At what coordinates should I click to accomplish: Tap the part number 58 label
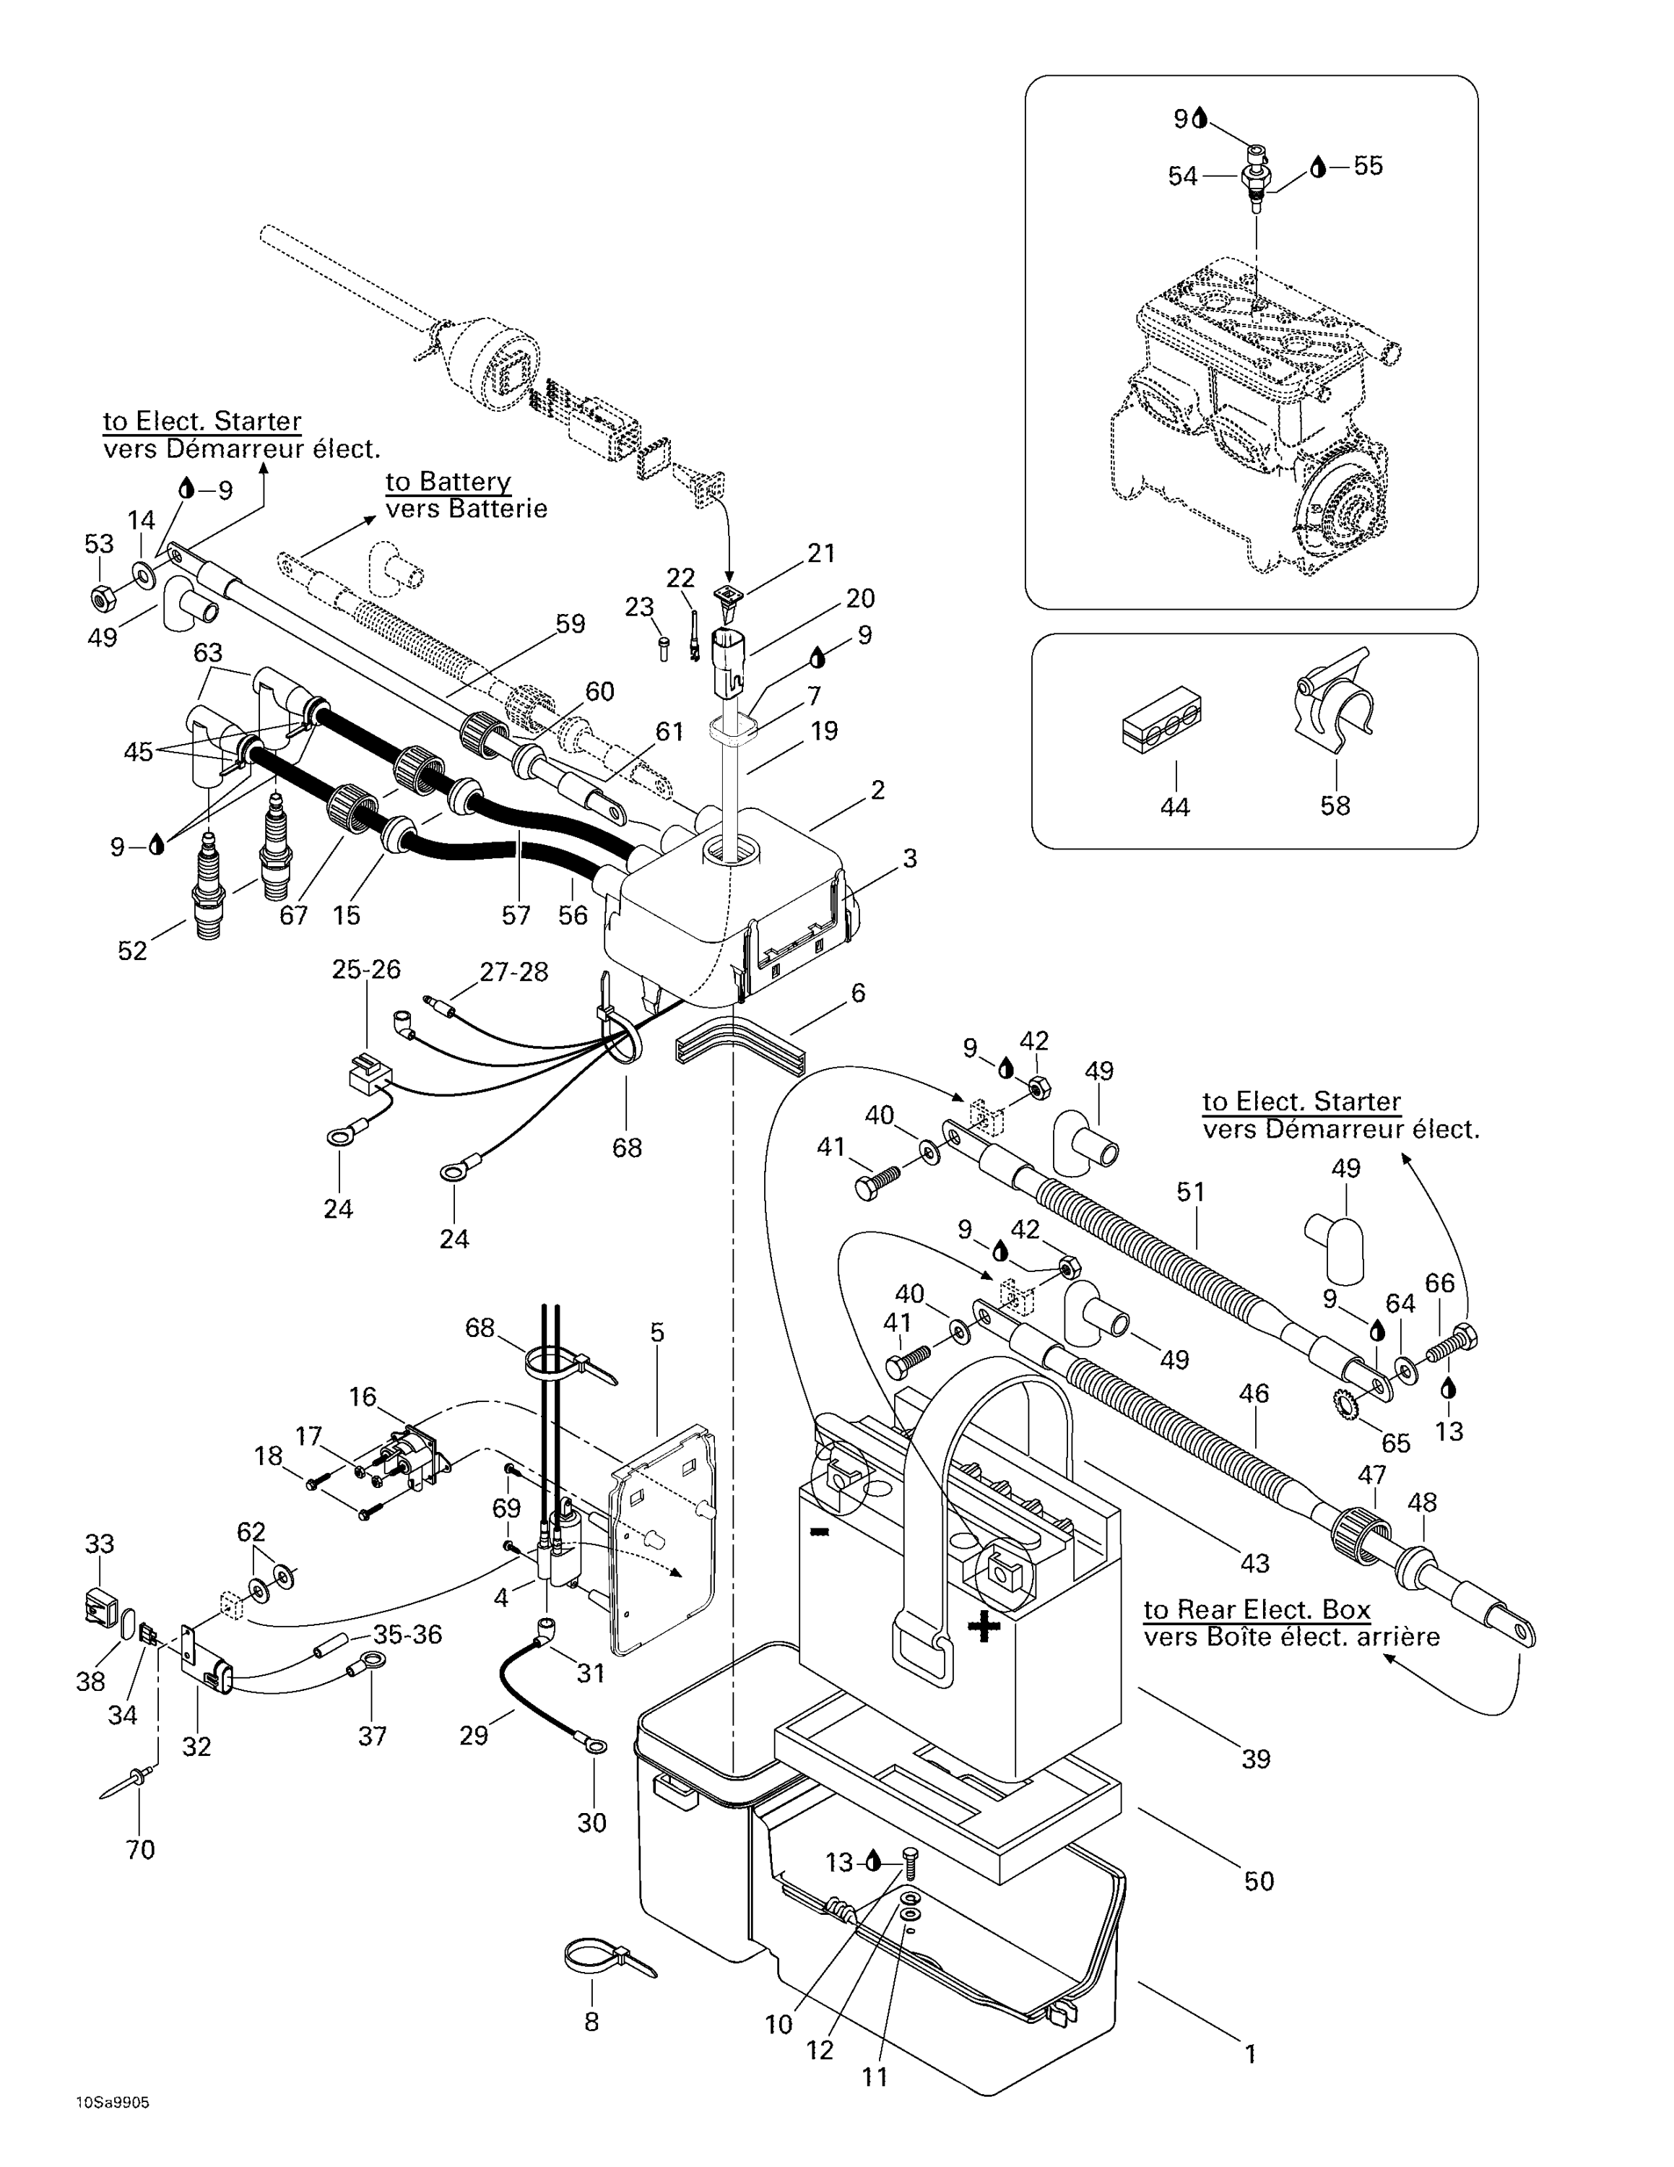click(1335, 805)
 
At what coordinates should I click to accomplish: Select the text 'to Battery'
click(448, 483)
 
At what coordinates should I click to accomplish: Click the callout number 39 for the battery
click(1255, 1758)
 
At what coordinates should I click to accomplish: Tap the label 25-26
click(366, 969)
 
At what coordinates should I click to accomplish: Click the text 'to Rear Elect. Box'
click(1257, 1609)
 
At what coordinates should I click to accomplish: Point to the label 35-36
click(407, 1634)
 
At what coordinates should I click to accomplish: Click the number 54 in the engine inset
click(1182, 177)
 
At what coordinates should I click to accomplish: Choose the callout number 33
click(99, 1544)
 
